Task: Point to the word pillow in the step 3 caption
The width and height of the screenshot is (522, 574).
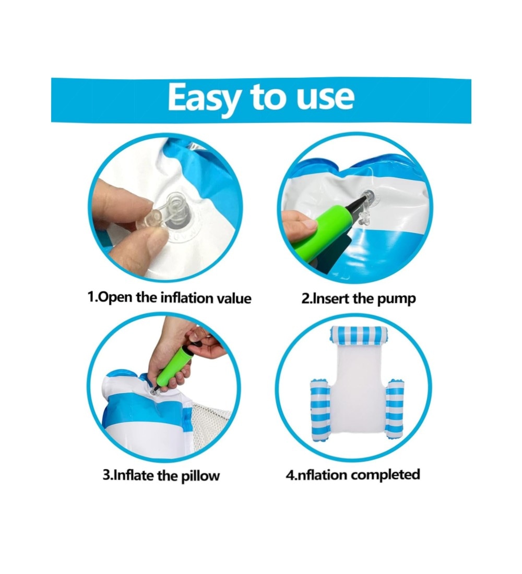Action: click(201, 475)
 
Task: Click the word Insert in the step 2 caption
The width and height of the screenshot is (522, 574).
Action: click(331, 298)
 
